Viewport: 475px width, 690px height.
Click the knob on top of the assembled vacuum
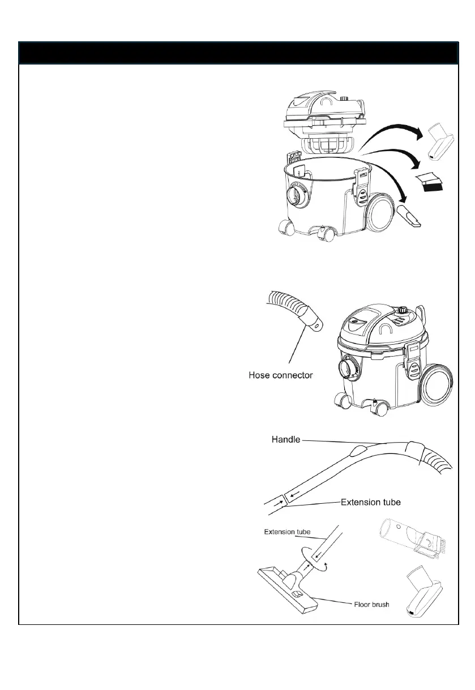(403, 310)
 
